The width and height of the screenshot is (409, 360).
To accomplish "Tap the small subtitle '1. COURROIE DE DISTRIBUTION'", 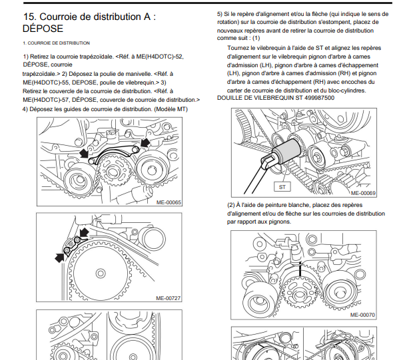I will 47,43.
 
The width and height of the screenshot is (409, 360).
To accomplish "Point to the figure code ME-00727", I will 169,297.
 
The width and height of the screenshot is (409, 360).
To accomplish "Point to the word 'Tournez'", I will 241,49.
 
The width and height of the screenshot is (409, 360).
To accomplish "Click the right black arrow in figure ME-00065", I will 145,143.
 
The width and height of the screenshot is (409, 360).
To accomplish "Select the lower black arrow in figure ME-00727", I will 61,254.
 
